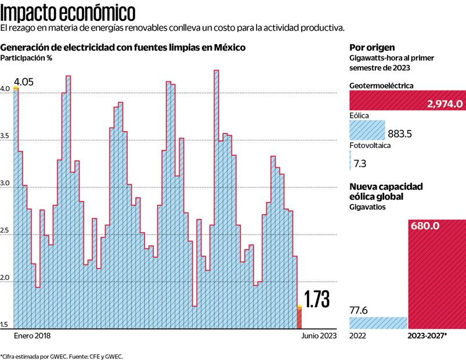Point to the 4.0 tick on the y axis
pyautogui.click(x=5, y=89)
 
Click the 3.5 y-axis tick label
pyautogui.click(x=5, y=136)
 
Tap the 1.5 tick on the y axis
pyautogui.click(x=5, y=324)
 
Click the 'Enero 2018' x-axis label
pyautogui.click(x=32, y=336)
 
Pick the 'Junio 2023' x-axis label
pyautogui.click(x=317, y=336)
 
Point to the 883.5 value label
pyautogui.click(x=400, y=134)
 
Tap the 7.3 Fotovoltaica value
pyautogui.click(x=359, y=163)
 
